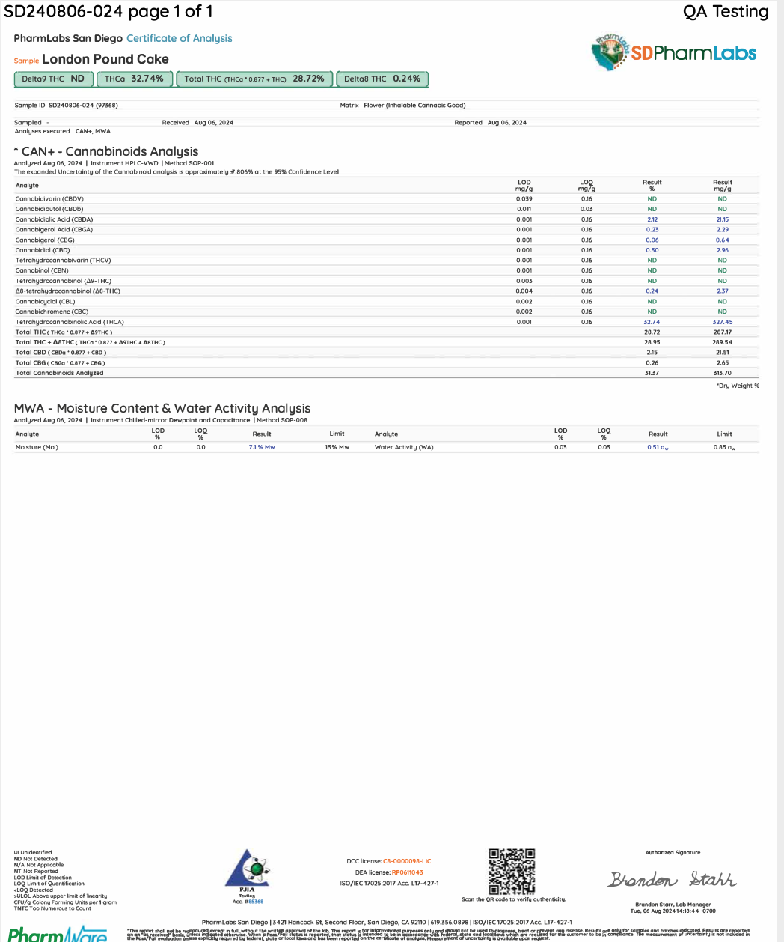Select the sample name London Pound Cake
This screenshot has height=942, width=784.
click(x=105, y=59)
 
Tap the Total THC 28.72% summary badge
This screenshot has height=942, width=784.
click(x=254, y=79)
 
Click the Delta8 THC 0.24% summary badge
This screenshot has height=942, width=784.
click(x=382, y=79)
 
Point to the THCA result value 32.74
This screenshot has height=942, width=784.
click(x=652, y=322)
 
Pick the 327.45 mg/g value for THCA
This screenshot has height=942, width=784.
click(x=722, y=322)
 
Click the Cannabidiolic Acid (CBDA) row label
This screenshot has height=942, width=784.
click(x=54, y=219)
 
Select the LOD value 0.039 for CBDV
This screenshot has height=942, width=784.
click(x=524, y=199)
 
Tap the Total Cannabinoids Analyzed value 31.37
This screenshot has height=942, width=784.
click(x=652, y=373)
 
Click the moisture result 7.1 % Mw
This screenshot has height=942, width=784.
click(x=262, y=447)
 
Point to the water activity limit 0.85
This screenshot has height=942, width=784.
click(x=724, y=447)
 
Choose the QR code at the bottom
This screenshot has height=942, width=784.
click(x=512, y=870)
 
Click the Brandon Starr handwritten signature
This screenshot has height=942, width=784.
click(x=672, y=879)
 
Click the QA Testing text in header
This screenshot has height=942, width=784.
click(x=726, y=11)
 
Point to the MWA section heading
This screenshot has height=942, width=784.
click(x=162, y=408)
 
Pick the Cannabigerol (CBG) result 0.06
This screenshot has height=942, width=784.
click(x=652, y=240)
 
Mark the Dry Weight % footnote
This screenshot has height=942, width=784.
click(x=738, y=386)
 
